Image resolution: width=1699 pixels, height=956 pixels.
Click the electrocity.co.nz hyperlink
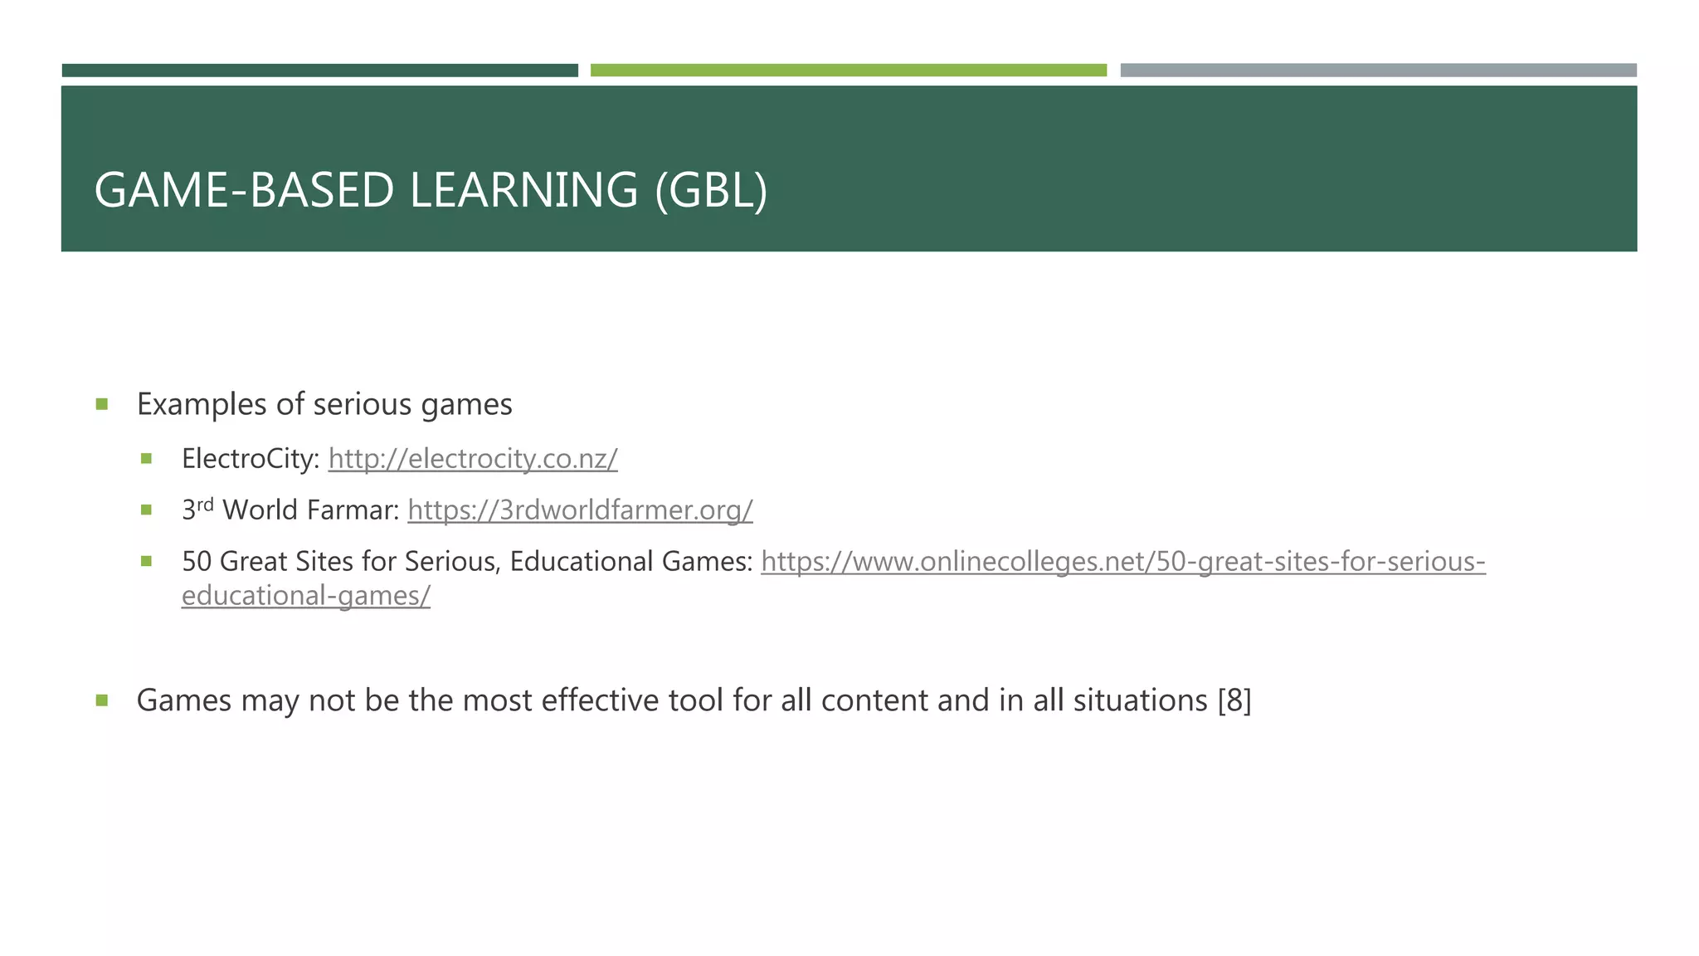473,459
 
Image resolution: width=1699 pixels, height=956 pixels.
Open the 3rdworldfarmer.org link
580,510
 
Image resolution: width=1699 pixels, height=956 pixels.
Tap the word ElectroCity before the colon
247,459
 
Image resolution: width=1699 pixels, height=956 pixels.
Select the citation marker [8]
1234,700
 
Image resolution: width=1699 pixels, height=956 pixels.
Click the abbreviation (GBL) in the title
711,190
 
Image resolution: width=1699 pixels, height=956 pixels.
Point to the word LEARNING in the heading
523,190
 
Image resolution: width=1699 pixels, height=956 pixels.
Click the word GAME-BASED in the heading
244,190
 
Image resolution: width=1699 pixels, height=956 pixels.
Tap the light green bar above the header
848,71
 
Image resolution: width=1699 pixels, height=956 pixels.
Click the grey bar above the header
1378,71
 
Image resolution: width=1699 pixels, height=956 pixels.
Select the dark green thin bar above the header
319,71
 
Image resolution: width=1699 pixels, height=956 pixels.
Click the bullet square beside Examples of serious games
102,405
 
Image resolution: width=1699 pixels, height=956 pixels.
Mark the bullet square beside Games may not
102,700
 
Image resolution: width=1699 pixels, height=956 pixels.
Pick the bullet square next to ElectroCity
147,458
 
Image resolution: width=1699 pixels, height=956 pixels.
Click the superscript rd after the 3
205,504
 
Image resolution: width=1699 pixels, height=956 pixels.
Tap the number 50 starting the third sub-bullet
197,562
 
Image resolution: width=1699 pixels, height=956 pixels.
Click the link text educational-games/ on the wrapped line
306,596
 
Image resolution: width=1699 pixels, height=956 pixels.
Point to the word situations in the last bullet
1140,700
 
